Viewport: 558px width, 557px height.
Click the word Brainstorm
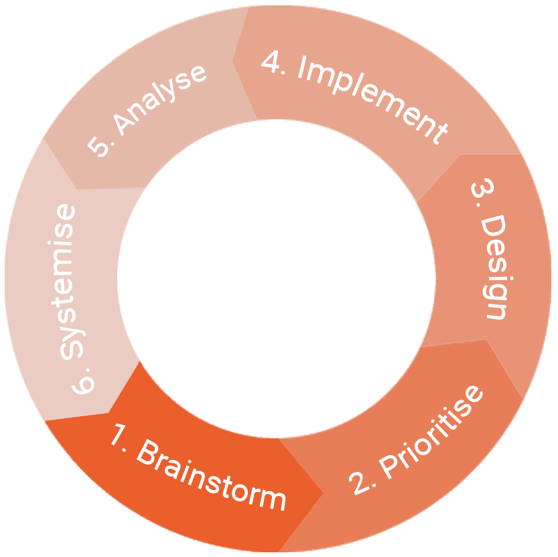tap(211, 475)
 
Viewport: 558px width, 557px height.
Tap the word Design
tap(495, 267)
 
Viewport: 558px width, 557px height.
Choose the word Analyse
tap(160, 99)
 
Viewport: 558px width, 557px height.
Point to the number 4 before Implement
tap(271, 62)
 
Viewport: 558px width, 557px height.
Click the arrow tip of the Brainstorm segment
tap(323, 493)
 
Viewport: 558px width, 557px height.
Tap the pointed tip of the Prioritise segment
tap(523, 399)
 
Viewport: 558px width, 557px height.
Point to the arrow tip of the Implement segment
tap(232, 61)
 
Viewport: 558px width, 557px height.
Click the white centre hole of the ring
tap(277, 279)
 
